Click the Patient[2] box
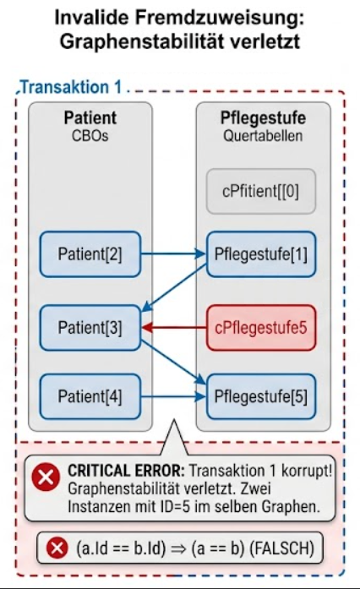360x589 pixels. coord(90,254)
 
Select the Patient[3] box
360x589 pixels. coord(90,328)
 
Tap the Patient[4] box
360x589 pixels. coord(90,396)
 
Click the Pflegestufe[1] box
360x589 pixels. coord(261,254)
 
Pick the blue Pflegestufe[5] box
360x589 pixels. coord(261,396)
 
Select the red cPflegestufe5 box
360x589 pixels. coord(261,328)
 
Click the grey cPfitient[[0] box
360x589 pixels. coord(261,191)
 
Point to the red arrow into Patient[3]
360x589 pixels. coord(174,328)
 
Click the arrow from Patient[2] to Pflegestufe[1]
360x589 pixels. coord(173,254)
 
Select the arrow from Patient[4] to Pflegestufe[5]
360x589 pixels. coord(173,396)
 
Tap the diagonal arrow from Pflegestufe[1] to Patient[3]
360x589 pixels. coord(174,287)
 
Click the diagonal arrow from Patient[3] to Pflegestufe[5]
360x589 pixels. coord(173,363)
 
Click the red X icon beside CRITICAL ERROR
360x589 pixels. coord(46,477)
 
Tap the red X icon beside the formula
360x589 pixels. coord(57,548)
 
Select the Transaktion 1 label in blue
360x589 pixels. coord(71,87)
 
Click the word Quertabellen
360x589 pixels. coord(263,135)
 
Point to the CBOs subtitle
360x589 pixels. coord(90,135)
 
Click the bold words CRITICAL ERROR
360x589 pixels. coord(126,471)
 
